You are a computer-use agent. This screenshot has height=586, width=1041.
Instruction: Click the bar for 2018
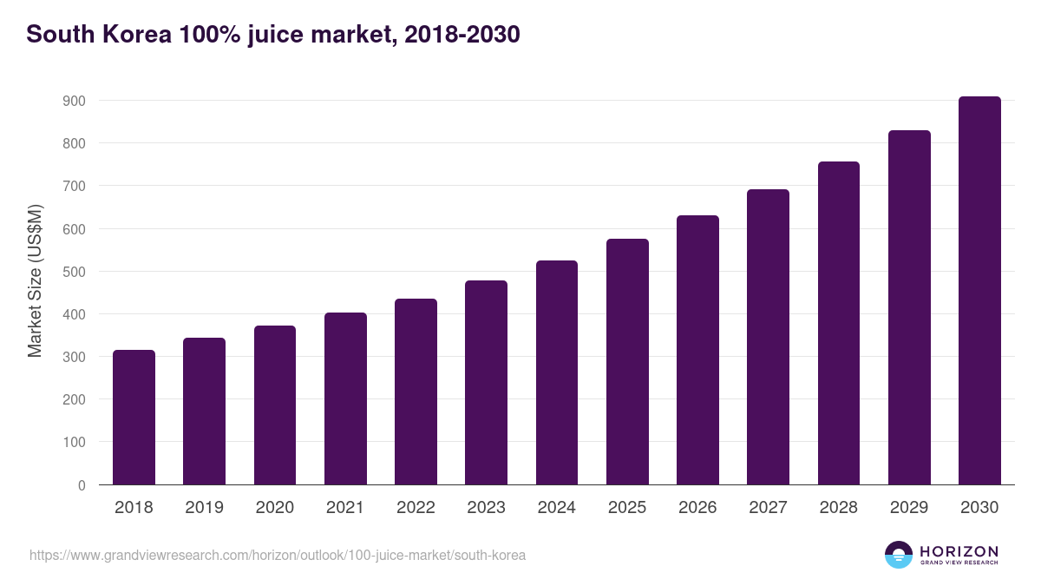134,418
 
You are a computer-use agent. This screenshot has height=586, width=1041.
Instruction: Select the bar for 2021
345,398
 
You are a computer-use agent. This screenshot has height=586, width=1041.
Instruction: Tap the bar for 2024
557,372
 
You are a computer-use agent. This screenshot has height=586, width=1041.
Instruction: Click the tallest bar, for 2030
979,291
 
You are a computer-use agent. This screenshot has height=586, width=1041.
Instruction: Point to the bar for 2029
909,307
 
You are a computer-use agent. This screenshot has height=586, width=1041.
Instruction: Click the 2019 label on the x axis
204,508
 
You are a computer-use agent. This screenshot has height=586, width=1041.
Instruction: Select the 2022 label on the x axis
416,508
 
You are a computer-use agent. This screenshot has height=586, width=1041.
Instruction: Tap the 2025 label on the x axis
627,508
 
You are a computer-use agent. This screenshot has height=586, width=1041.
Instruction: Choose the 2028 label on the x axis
838,508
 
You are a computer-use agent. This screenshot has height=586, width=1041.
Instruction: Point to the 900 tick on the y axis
74,101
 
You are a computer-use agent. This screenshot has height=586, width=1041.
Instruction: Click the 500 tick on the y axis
74,272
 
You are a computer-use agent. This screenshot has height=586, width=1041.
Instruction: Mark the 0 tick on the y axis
82,485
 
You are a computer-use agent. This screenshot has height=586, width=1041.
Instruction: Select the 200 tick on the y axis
74,400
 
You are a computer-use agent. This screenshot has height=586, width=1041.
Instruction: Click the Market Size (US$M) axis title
35,281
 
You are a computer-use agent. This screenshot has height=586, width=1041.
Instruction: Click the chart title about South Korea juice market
273,35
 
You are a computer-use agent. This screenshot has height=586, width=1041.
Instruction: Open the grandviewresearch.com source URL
278,555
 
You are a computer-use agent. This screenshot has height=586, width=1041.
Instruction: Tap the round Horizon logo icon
899,555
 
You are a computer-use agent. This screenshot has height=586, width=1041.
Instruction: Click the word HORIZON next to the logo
959,551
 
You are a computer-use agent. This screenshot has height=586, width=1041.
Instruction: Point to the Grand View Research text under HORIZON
959,563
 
